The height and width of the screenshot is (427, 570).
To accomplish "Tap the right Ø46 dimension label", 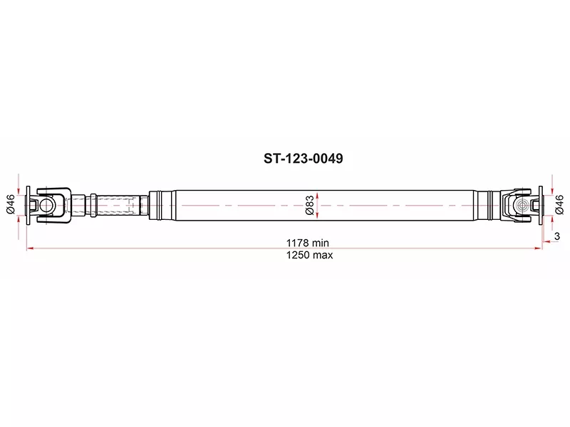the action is [x=560, y=204].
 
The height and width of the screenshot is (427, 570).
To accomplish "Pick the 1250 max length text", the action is [x=309, y=255].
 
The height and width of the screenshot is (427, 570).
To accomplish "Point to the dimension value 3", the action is [x=557, y=236].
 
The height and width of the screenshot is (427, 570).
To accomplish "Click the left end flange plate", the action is [x=28, y=205].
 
